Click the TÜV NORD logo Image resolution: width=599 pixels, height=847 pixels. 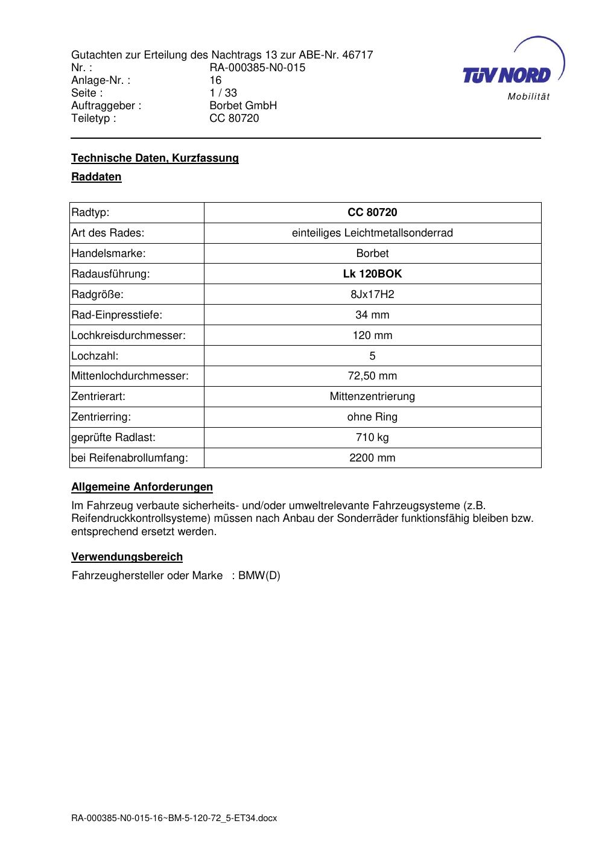click(512, 69)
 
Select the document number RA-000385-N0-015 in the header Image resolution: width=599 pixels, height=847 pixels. click(257, 68)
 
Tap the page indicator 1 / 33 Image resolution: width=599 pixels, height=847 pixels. click(223, 93)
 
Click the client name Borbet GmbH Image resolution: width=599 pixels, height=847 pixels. click(242, 106)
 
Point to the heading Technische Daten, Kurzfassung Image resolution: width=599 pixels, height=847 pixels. click(155, 158)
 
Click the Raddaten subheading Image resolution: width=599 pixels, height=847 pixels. click(97, 177)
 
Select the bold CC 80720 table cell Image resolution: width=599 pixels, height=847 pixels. click(372, 212)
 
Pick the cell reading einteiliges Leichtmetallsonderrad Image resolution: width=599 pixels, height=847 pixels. click(372, 233)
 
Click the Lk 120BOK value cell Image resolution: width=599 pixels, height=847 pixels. click(372, 274)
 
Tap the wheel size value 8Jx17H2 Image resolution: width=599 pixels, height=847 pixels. click(372, 294)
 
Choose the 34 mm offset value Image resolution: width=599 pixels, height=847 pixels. click(372, 315)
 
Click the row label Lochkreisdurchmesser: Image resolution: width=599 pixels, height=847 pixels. click(128, 335)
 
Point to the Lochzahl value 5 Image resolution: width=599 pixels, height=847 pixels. click(372, 356)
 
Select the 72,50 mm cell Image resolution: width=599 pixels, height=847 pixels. click(372, 376)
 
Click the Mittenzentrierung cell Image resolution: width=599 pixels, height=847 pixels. click(372, 397)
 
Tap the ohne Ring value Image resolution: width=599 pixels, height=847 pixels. click(372, 417)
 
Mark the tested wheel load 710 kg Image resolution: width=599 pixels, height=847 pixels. click(372, 437)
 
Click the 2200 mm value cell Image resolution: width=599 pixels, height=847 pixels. click(372, 458)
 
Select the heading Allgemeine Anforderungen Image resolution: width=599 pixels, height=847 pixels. click(142, 487)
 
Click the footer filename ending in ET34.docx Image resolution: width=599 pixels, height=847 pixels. click(174, 818)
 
